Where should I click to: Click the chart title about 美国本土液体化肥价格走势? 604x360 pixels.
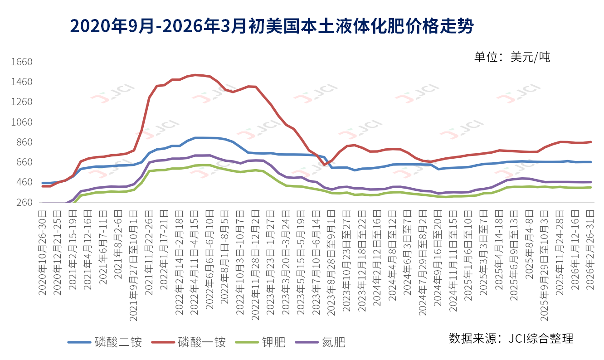coord(272,26)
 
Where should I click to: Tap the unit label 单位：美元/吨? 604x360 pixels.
coord(512,57)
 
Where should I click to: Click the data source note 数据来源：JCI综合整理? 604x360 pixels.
coord(511,338)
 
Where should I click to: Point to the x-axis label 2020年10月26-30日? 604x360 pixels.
coord(43,253)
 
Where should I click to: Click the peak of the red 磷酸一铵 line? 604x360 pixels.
coord(195,75)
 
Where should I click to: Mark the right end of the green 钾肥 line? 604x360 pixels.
coord(590,187)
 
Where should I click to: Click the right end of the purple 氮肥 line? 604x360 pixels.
coord(590,182)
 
